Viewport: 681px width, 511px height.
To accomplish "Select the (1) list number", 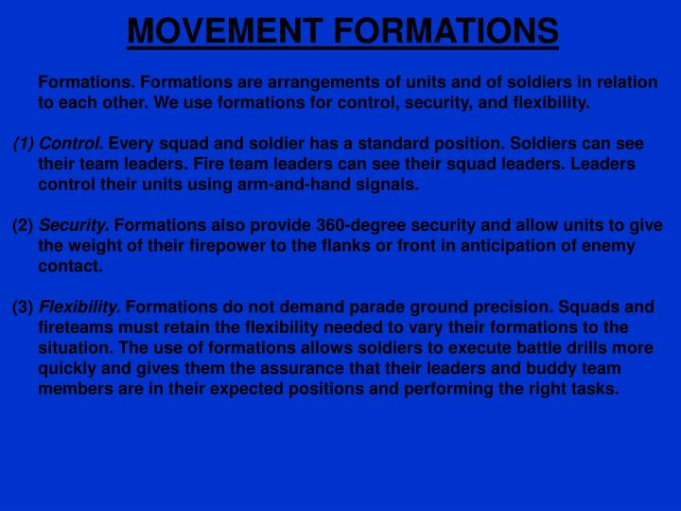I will pos(24,144).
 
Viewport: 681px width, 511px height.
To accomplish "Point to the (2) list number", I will pos(23,225).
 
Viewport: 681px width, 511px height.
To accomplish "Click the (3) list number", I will pos(23,307).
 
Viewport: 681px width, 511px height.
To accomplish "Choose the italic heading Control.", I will pos(72,144).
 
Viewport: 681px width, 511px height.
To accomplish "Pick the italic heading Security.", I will pos(74,225).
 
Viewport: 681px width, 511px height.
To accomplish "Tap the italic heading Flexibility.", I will pos(79,307).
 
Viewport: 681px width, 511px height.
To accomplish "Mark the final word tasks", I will pos(595,388).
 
